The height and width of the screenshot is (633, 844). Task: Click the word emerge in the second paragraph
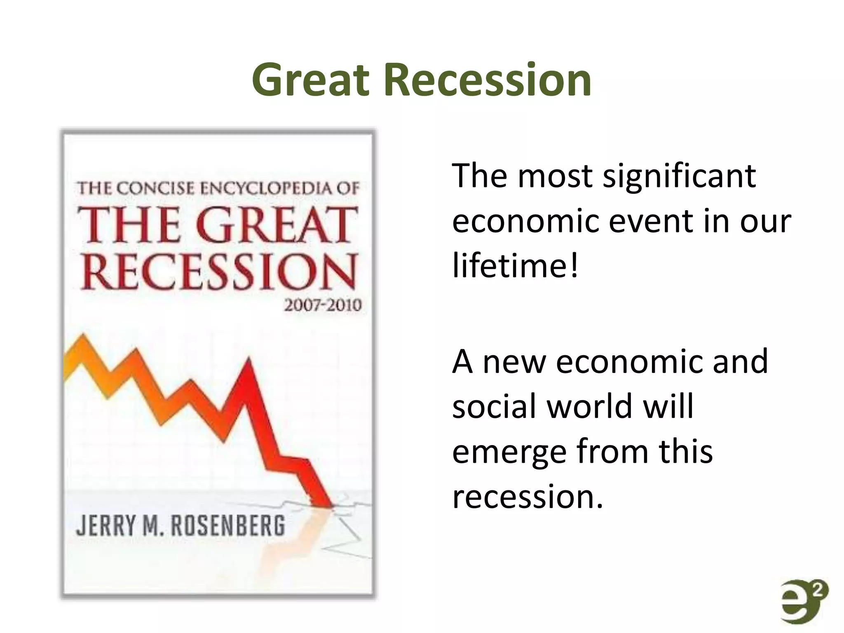pyautogui.click(x=509, y=452)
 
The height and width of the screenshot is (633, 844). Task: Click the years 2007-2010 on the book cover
pyautogui.click(x=323, y=305)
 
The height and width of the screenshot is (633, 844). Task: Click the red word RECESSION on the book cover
pyautogui.click(x=218, y=272)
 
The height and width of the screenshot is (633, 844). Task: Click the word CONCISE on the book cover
pyautogui.click(x=156, y=188)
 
